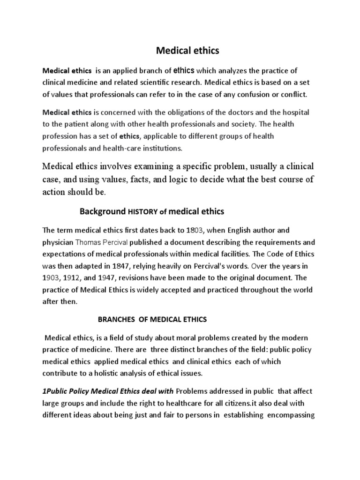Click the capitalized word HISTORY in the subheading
[x=143, y=212]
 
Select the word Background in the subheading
[x=103, y=212]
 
